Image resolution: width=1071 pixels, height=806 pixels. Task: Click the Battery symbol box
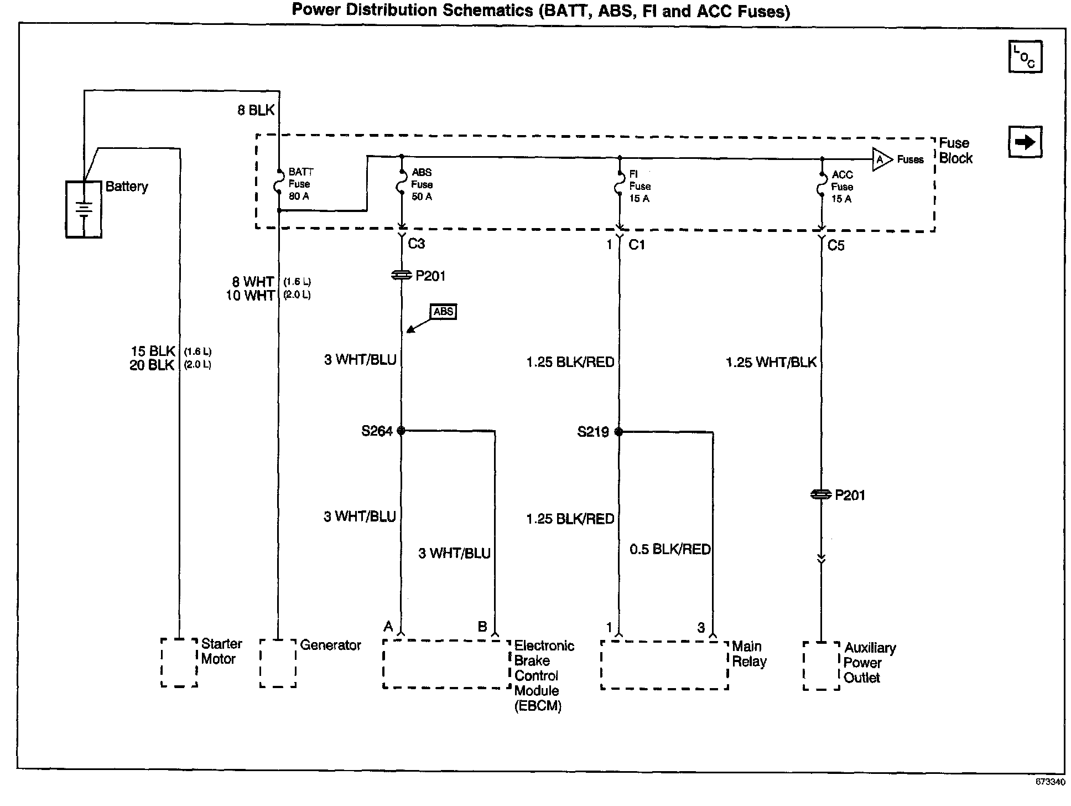[x=84, y=209]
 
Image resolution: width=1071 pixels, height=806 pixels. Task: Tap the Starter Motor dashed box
[x=179, y=663]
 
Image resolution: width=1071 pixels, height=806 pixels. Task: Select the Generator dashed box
[x=278, y=663]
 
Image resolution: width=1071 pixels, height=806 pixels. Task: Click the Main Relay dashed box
[x=664, y=665]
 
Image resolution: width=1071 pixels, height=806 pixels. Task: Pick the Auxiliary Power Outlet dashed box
[x=822, y=666]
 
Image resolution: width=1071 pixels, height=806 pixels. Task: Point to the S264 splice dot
[x=401, y=431]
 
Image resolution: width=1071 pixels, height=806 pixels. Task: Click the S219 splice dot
[x=618, y=432]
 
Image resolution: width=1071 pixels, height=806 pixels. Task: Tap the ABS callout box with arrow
[x=444, y=312]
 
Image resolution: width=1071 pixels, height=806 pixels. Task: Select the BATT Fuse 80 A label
[x=300, y=184]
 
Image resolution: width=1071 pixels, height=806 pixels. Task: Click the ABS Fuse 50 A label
[x=422, y=184]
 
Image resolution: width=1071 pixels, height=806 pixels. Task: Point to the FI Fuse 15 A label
[x=640, y=186]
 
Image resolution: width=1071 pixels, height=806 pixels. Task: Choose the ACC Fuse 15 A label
[x=842, y=187]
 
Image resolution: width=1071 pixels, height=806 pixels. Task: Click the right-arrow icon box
[x=1025, y=142]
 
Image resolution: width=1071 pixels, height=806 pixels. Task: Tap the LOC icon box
[x=1025, y=56]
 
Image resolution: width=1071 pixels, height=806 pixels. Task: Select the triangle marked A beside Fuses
[x=881, y=160]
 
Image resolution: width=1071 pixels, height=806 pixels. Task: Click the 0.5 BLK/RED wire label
[x=670, y=550]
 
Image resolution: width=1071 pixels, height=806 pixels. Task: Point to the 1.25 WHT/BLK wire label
[x=771, y=363]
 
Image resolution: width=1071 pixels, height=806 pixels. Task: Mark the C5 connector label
[x=836, y=245]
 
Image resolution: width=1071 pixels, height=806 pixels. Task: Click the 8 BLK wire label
[x=256, y=110]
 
